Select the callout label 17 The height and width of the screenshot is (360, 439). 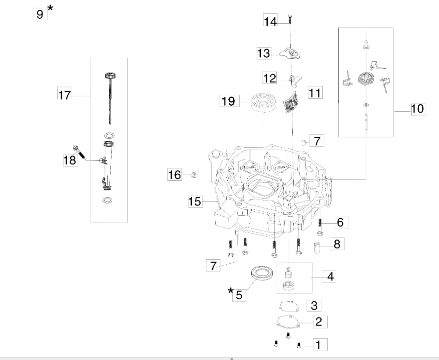[x=65, y=94]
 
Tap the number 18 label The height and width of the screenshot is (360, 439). [x=70, y=160]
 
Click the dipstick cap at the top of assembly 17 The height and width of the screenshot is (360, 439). [x=111, y=76]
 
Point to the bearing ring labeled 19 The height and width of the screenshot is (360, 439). [x=263, y=103]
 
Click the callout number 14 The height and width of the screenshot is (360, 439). [x=270, y=20]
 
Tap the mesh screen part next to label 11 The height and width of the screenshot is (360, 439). [x=291, y=103]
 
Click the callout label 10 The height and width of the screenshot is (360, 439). [x=418, y=109]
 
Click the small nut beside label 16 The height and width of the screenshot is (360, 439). [x=193, y=175]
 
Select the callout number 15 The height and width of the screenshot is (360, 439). [x=195, y=201]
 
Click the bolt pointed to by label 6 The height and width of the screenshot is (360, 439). [x=320, y=226]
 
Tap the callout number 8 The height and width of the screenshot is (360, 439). [x=337, y=244]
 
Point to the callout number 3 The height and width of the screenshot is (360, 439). [x=314, y=305]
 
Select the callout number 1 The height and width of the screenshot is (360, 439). [x=318, y=345]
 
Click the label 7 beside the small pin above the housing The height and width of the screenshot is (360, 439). [x=317, y=140]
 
